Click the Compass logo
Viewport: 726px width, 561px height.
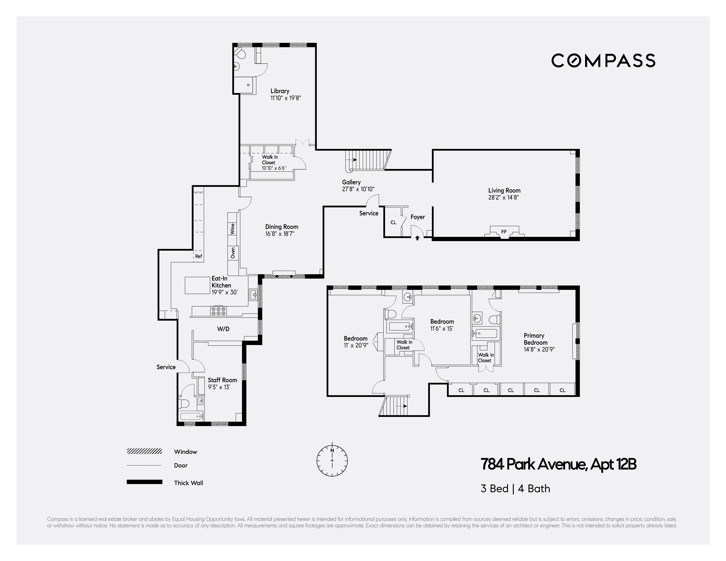[x=603, y=60]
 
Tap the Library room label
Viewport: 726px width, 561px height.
[x=280, y=91]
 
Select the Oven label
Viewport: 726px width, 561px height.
[x=233, y=253]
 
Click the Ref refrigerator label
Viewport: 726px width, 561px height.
[x=198, y=256]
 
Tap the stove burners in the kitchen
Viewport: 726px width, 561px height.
[x=218, y=311]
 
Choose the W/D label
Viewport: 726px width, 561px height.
[x=223, y=329]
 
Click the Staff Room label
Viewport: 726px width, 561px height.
[x=222, y=380]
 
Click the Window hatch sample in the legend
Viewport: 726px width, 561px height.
[x=144, y=451]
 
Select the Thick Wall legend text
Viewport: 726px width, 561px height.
[x=188, y=483]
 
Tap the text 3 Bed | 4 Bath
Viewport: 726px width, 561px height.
[x=515, y=489]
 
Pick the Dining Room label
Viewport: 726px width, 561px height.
[x=282, y=227]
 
